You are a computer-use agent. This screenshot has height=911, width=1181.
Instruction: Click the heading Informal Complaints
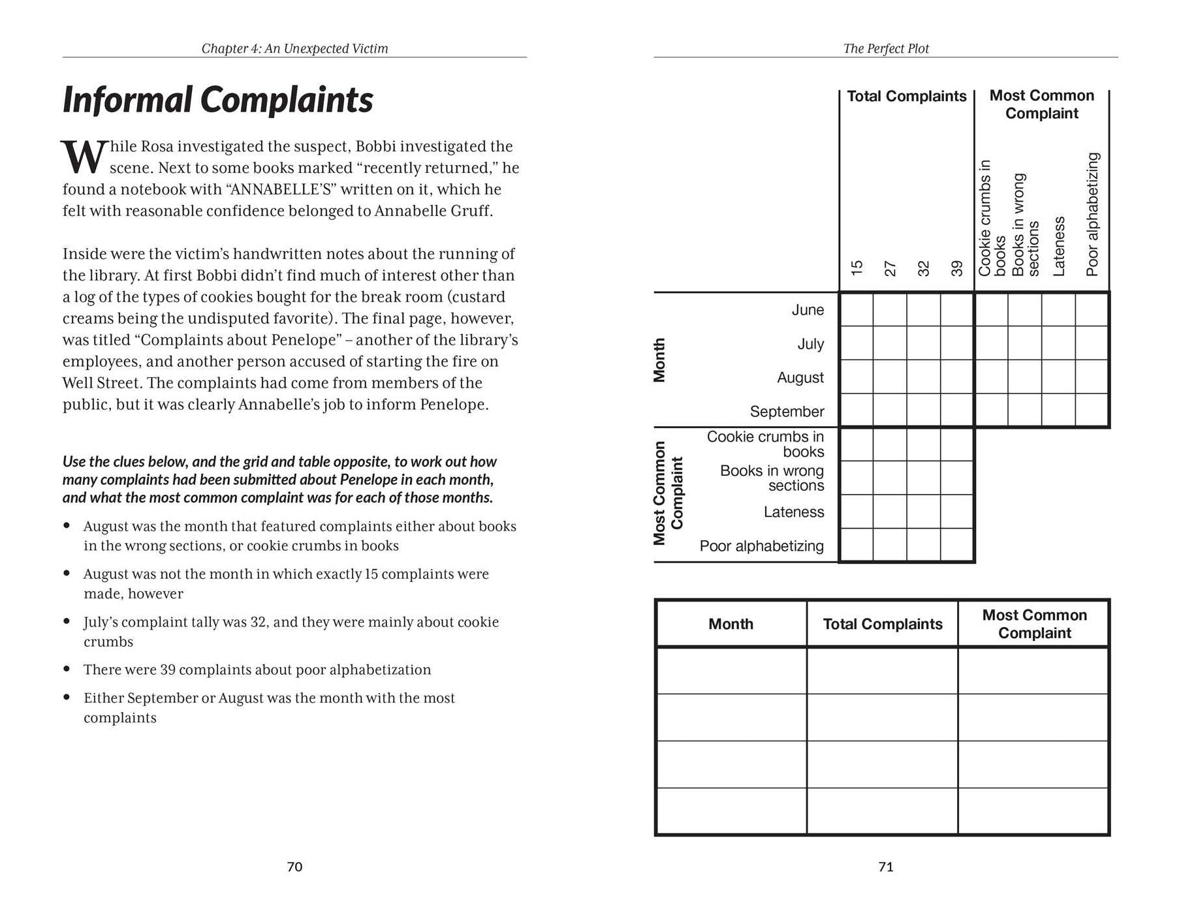(217, 100)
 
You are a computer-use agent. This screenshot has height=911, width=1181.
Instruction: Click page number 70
(294, 867)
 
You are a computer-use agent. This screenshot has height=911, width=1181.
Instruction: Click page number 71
(885, 867)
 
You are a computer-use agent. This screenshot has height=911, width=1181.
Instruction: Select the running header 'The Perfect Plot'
(885, 48)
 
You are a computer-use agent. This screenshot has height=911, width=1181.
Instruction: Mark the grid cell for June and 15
(857, 310)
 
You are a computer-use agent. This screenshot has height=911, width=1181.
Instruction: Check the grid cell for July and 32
(923, 344)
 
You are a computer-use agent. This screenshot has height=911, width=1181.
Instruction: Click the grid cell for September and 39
(957, 411)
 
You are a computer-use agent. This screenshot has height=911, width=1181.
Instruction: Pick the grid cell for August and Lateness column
(1058, 377)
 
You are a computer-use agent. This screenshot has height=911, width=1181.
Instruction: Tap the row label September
(787, 412)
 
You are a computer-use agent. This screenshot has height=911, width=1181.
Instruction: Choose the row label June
(808, 310)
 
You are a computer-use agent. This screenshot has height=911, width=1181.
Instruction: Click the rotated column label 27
(890, 268)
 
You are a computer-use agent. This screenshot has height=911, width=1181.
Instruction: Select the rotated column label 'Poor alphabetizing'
(1092, 214)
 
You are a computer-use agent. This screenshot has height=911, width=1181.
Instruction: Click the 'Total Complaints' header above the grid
(906, 97)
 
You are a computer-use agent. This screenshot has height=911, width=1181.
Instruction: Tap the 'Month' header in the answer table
(731, 625)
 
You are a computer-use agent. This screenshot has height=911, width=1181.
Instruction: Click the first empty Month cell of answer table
(731, 670)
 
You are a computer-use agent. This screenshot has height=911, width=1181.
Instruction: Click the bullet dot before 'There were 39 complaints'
(67, 669)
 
